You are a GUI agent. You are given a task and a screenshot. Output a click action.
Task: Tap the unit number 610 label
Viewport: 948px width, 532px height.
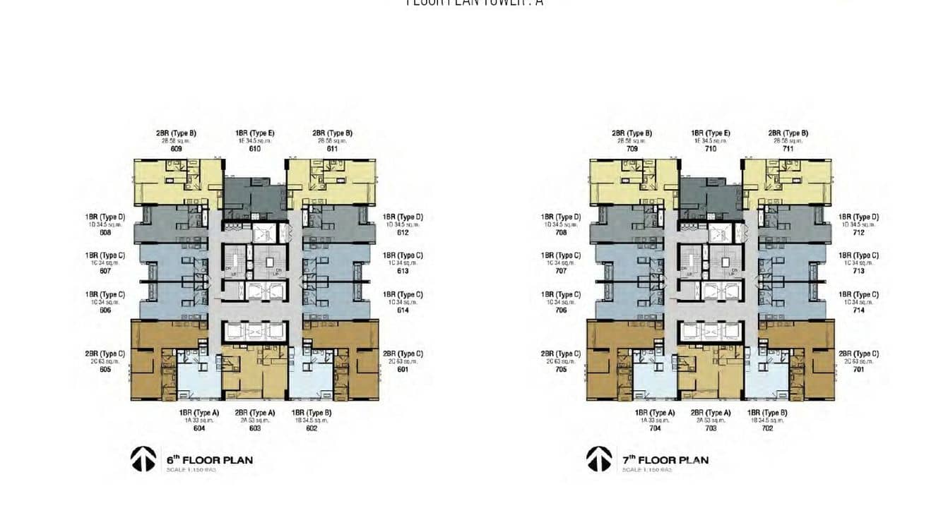255,149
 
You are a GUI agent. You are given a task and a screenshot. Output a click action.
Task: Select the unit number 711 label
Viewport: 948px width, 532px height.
788,149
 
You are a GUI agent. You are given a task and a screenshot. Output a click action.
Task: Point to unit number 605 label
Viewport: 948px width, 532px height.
105,369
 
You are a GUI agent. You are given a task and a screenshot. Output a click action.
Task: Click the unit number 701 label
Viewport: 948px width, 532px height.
858,369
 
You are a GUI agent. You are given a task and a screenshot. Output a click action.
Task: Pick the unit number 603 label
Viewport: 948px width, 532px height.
255,428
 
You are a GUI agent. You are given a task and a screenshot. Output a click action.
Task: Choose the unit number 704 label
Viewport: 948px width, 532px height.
654,428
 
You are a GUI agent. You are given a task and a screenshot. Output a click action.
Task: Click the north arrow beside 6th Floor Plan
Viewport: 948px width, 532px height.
143,459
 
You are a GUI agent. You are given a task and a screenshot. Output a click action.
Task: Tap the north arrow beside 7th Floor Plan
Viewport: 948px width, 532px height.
599,459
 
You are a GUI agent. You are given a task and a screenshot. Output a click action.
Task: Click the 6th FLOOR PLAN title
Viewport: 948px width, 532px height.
210,460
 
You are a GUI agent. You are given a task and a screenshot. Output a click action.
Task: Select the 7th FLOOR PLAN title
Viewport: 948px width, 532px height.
665,460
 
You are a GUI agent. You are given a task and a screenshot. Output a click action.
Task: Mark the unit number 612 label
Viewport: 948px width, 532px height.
403,232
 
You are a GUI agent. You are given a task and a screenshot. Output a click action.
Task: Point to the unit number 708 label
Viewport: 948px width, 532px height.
561,232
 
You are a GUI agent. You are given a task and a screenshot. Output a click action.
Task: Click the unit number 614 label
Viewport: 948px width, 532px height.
403,310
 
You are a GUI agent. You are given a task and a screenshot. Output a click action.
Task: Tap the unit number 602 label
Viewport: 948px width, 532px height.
312,428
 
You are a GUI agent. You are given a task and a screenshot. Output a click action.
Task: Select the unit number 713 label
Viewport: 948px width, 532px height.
858,271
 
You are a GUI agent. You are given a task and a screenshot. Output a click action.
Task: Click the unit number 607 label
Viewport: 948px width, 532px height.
105,271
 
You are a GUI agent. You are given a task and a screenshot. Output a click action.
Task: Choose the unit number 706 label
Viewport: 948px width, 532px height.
561,310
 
